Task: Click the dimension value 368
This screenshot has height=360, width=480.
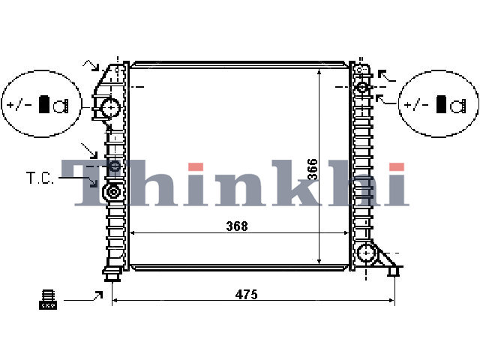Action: [x=237, y=226]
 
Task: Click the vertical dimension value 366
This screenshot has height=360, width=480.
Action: [x=313, y=169]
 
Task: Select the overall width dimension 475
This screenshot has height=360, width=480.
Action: [x=247, y=294]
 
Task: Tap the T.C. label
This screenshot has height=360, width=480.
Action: [x=40, y=178]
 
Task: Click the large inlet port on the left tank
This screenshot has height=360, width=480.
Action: [x=110, y=107]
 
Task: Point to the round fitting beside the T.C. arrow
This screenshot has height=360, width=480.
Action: [x=113, y=192]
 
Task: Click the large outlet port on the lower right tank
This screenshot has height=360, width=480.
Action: [x=366, y=253]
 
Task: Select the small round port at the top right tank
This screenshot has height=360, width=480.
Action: [x=362, y=87]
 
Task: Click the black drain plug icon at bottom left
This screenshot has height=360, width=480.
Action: [x=48, y=299]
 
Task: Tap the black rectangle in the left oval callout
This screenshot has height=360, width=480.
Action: [x=44, y=104]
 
